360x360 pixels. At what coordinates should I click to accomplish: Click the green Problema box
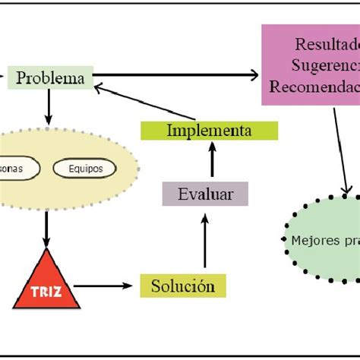click(x=50, y=77)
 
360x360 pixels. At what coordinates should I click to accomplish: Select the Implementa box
click(x=209, y=131)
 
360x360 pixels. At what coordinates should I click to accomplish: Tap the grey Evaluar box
click(x=205, y=194)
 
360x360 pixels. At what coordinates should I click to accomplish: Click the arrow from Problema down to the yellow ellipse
click(x=49, y=106)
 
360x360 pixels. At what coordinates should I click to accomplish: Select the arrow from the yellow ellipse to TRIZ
click(x=46, y=228)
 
